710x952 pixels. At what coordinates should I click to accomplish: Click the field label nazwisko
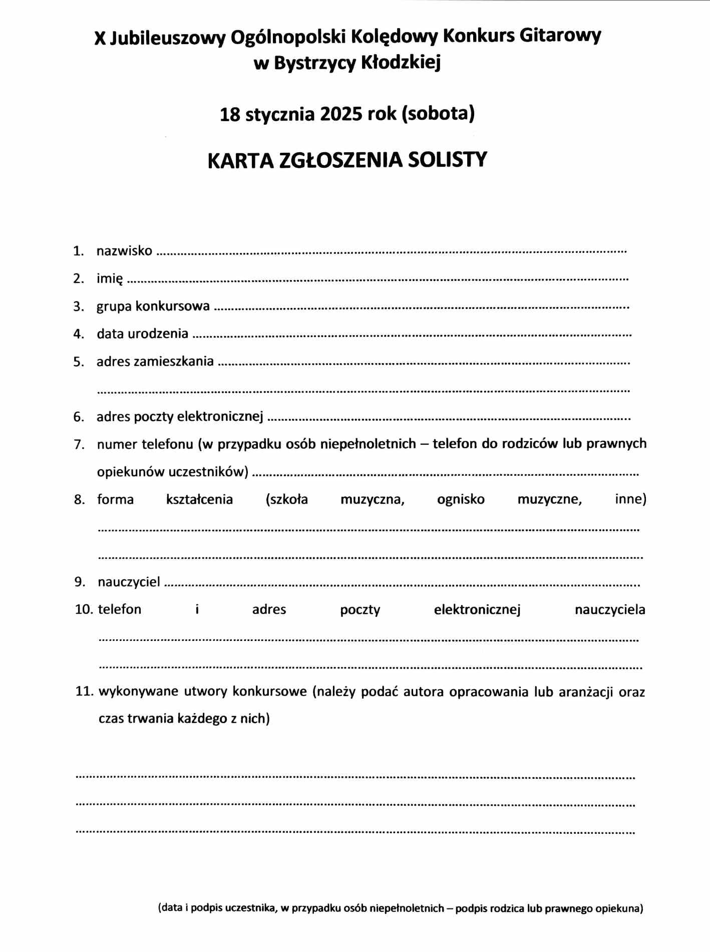(124, 251)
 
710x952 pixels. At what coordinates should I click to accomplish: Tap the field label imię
(110, 278)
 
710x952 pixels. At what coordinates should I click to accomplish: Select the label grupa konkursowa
(153, 306)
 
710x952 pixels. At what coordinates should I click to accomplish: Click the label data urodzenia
(143, 334)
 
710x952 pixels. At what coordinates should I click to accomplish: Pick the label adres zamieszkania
(155, 362)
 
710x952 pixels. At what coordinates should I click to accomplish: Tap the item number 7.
(79, 445)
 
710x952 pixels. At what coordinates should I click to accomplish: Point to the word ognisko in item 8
(461, 499)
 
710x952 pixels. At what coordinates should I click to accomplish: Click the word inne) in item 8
(630, 499)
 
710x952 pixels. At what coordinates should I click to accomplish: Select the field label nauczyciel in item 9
(129, 582)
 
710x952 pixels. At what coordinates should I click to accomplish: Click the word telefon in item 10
(120, 609)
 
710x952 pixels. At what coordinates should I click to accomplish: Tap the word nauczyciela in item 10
(610, 610)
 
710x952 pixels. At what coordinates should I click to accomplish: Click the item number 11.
(84, 692)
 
